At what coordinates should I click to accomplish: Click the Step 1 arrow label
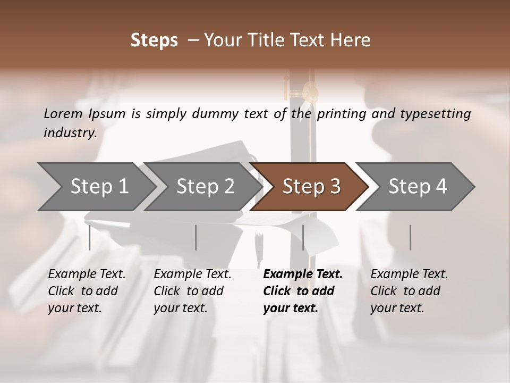(x=99, y=187)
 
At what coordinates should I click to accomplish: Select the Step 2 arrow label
(x=205, y=187)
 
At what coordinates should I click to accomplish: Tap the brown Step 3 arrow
(x=311, y=187)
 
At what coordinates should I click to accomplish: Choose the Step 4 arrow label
(x=418, y=187)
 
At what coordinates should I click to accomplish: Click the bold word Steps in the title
(x=154, y=40)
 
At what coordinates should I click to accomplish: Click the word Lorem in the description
(x=63, y=113)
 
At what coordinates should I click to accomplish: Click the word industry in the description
(x=70, y=133)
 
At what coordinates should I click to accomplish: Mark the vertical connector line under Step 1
(x=90, y=237)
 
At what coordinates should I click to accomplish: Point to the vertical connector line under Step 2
(x=196, y=237)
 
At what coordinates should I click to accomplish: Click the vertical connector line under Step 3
(x=303, y=237)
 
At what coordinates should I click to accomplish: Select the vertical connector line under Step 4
(x=410, y=237)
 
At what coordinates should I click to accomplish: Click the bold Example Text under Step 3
(x=303, y=274)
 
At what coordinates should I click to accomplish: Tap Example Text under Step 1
(x=87, y=274)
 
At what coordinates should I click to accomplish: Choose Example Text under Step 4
(x=409, y=274)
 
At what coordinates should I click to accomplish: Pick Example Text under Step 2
(x=192, y=274)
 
